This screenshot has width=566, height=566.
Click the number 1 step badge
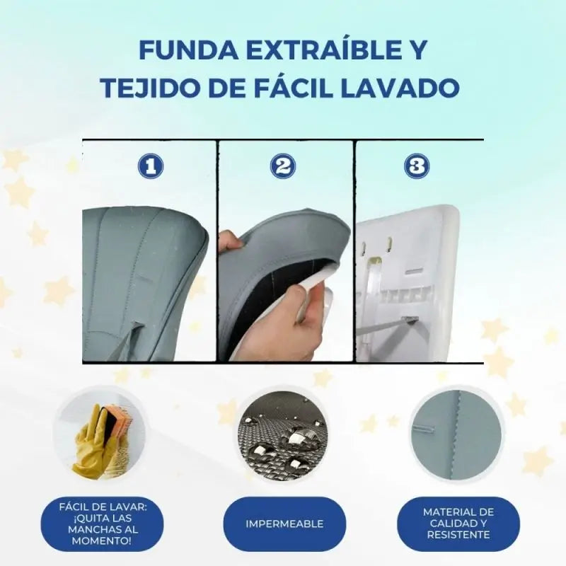pyautogui.click(x=149, y=166)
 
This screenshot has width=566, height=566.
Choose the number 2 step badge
pyautogui.click(x=283, y=166)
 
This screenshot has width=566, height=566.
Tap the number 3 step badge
pyautogui.click(x=417, y=166)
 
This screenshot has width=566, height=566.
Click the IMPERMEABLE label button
pyautogui.click(x=284, y=524)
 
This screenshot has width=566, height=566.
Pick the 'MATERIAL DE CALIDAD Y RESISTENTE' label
pyautogui.click(x=458, y=524)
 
